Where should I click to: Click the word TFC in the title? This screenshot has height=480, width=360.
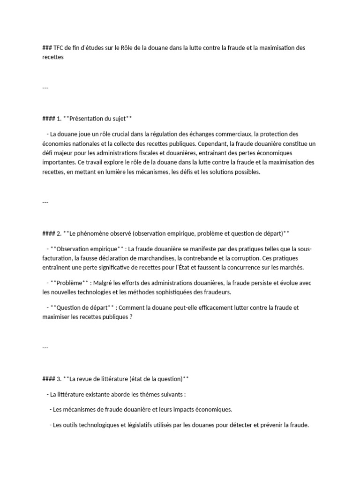pyautogui.click(x=59, y=48)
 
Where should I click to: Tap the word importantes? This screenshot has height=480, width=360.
pyautogui.click(x=58, y=163)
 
